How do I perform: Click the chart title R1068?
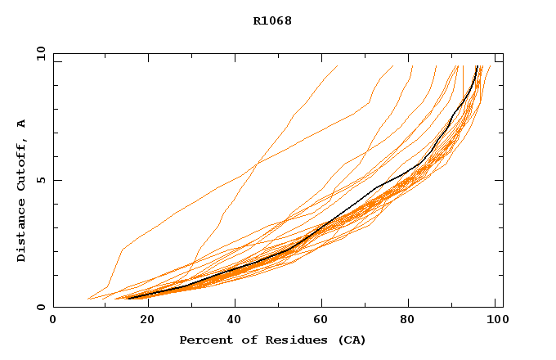(272, 20)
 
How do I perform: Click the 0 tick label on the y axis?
(39, 307)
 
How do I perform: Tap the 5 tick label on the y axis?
(39, 180)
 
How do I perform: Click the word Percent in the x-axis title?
(201, 340)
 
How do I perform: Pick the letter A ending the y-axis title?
(21, 124)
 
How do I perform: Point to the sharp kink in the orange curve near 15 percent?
(122, 249)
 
